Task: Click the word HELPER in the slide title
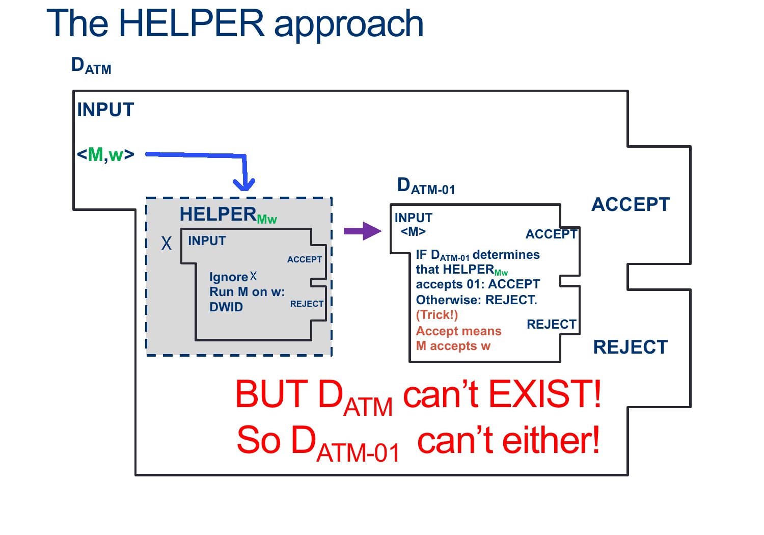(192, 23)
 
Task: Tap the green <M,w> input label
(105, 154)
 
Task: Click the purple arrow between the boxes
(362, 231)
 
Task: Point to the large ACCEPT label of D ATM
(630, 204)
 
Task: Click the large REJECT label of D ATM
(630, 347)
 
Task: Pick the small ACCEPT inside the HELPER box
(304, 259)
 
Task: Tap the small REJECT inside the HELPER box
(307, 304)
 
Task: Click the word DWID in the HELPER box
(226, 307)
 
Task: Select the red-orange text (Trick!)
(437, 315)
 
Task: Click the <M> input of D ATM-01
(413, 231)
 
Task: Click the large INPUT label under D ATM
(105, 110)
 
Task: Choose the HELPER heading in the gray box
(218, 214)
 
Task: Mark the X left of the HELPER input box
(167, 243)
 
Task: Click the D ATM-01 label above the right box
(426, 186)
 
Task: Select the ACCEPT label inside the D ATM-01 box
(551, 234)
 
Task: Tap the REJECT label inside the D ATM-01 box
(551, 324)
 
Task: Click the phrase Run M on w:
(247, 292)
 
